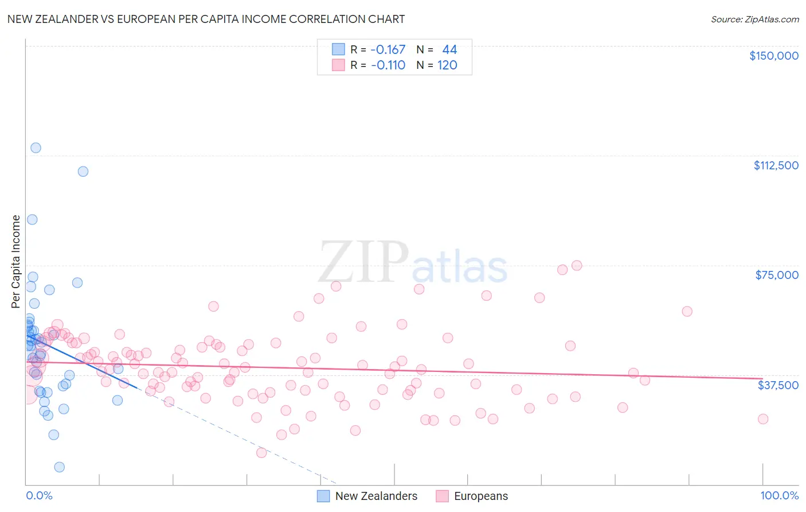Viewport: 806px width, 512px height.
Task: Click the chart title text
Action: [x=206, y=19]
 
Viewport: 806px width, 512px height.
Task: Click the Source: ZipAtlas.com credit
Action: [x=754, y=19]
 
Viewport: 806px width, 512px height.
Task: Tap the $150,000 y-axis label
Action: [x=773, y=56]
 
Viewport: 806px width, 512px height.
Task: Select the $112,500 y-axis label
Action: [x=776, y=165]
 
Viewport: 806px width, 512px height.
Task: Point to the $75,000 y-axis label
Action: [x=776, y=275]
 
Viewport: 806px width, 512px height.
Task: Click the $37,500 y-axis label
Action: [x=777, y=385]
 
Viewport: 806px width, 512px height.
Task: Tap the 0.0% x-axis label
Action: [x=39, y=495]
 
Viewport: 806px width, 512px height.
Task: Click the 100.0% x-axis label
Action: [x=779, y=495]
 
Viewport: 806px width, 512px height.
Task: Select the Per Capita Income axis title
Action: [x=16, y=261]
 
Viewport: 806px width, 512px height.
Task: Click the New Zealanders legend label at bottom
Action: [x=376, y=496]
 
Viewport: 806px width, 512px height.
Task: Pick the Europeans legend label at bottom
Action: [x=480, y=496]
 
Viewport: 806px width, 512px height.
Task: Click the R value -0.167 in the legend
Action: [x=388, y=50]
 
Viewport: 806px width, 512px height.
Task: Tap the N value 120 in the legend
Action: [x=447, y=65]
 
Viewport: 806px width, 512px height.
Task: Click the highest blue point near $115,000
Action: [x=36, y=148]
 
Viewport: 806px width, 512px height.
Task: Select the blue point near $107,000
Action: [x=83, y=171]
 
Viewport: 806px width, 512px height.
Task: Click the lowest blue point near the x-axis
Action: [x=59, y=467]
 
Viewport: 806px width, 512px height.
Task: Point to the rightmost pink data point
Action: [x=762, y=419]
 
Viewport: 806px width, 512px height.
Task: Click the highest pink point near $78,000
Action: [x=577, y=265]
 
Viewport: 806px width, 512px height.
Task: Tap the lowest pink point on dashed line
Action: [x=261, y=452]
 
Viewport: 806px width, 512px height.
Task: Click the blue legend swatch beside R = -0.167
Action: [x=339, y=50]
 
